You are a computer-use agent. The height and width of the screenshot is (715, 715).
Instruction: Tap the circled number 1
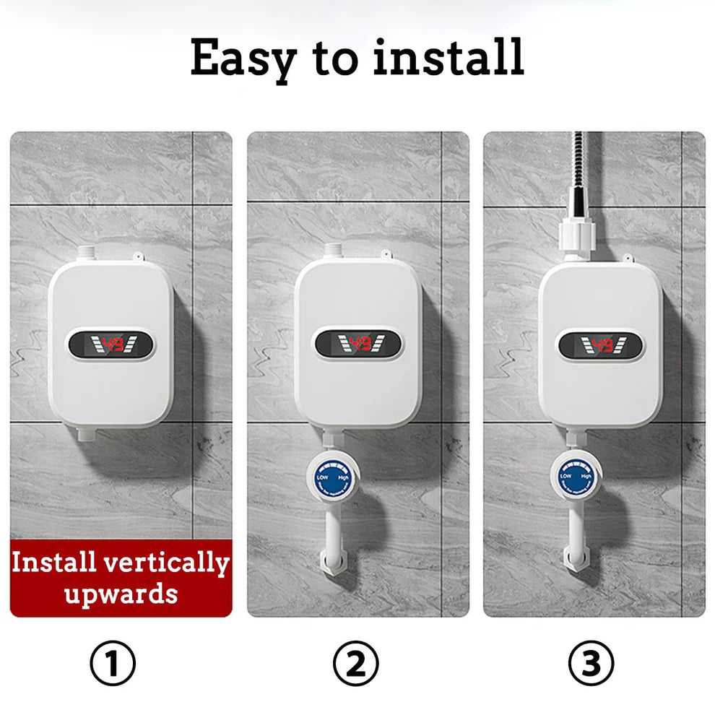pos(113,662)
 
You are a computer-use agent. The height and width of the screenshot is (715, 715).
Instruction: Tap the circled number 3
pos(591,662)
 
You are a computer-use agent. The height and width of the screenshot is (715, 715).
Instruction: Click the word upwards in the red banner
pos(120,594)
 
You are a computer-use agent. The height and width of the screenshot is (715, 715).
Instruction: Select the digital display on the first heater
pos(111,345)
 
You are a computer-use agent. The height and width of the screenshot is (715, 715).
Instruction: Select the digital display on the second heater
pos(358,344)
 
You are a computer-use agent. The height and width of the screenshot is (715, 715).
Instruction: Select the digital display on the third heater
pos(599,344)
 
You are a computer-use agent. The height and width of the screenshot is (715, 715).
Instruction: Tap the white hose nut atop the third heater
pos(577,236)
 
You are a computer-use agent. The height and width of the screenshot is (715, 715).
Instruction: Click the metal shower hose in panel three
pos(578,166)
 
